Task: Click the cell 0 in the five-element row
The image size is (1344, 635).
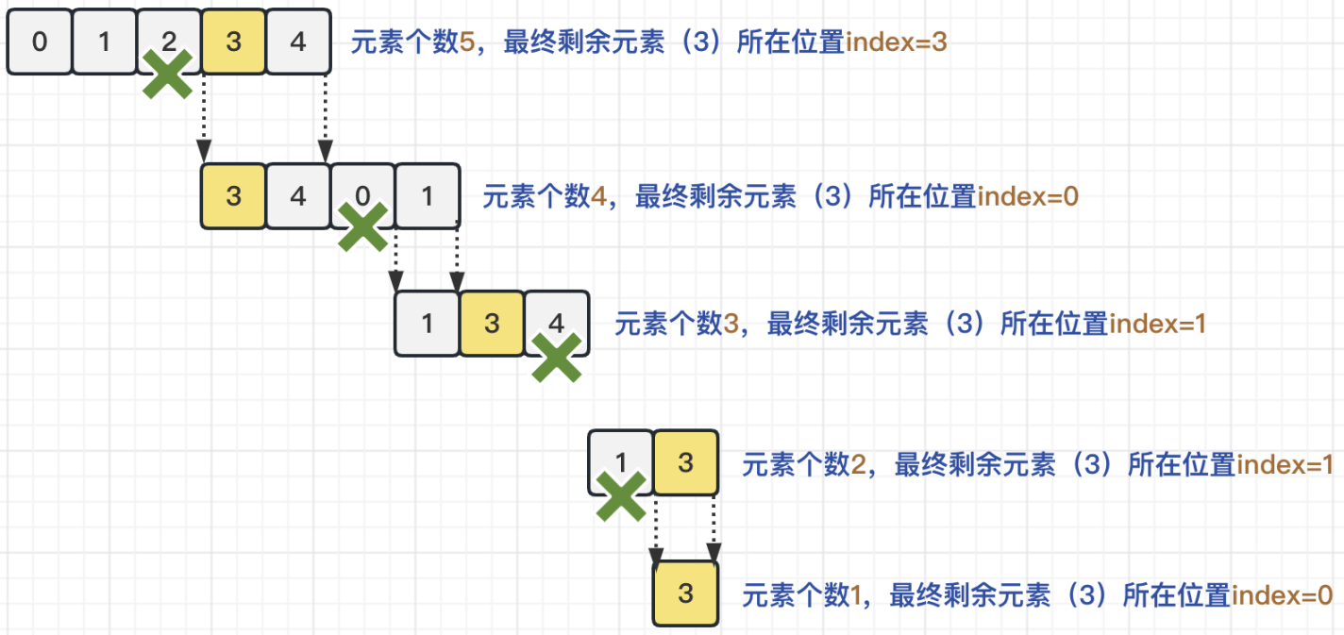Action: pos(40,42)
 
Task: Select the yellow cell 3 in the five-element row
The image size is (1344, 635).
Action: pos(234,42)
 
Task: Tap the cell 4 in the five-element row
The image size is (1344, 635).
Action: pos(298,42)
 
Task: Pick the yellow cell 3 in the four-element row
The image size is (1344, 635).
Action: pos(234,196)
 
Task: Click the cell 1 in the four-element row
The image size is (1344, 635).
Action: pos(428,196)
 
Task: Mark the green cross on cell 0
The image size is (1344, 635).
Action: pos(363,227)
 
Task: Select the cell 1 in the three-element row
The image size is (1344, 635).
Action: pos(428,324)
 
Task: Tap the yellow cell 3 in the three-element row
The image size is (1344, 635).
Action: pos(492,324)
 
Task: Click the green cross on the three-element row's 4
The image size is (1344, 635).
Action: pos(557,357)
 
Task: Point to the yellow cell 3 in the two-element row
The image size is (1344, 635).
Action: pos(686,463)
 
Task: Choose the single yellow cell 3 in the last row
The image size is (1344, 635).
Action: pos(686,593)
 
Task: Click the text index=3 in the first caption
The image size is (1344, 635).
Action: pos(896,43)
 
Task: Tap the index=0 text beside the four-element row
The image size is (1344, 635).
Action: pos(1027,197)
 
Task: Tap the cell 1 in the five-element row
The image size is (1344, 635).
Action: pos(105,42)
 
